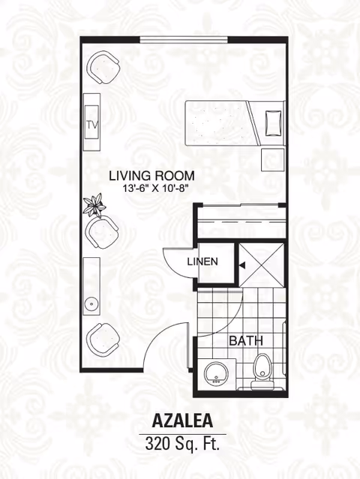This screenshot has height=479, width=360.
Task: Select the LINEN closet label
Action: tap(202, 262)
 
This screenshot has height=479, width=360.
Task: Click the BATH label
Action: tap(246, 340)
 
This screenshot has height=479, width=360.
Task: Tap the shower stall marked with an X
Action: tap(262, 265)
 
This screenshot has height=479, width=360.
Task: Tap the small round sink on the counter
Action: tap(91, 304)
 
